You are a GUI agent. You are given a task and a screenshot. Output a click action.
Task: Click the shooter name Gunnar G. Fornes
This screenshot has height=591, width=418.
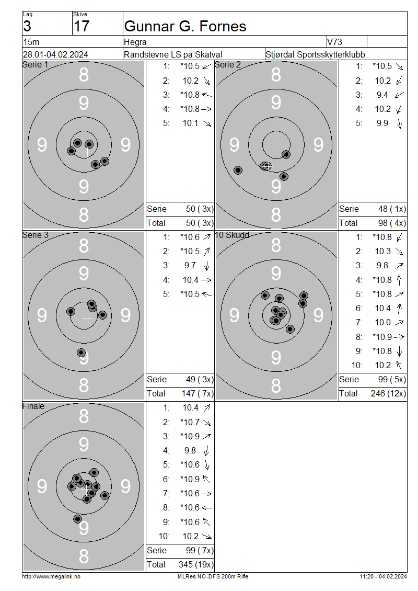(185, 26)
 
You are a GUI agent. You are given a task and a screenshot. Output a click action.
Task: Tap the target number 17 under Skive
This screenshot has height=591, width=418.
(82, 26)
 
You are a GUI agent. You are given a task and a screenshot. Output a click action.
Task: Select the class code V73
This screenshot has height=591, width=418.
(334, 42)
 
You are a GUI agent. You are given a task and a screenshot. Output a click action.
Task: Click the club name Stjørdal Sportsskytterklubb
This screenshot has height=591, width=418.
(315, 54)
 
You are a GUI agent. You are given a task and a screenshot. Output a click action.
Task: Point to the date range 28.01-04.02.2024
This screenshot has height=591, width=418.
(55, 54)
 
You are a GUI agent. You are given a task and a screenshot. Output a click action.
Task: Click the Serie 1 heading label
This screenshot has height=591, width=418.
(36, 64)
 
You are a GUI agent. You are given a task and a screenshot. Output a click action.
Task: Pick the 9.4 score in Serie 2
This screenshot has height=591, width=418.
(382, 95)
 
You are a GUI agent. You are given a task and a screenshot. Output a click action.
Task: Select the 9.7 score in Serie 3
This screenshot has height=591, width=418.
(190, 265)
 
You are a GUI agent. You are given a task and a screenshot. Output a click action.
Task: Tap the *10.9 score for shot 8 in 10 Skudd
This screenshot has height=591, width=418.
(382, 337)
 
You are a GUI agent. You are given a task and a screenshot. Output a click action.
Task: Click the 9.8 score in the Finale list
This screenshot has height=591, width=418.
(190, 450)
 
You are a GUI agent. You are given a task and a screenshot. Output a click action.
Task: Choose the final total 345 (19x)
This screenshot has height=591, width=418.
(196, 564)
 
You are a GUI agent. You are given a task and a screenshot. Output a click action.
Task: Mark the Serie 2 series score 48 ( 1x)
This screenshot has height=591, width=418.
(392, 209)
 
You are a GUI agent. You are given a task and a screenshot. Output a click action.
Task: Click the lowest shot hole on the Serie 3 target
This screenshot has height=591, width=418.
(81, 353)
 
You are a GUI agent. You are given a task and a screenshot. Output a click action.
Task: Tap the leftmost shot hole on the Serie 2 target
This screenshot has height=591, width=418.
(238, 170)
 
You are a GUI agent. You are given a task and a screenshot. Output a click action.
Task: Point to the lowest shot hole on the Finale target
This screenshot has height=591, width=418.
(77, 519)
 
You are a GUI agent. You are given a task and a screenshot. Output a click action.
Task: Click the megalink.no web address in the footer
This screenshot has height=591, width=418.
(51, 576)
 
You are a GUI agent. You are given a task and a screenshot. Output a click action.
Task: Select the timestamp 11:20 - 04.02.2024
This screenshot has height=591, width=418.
(383, 576)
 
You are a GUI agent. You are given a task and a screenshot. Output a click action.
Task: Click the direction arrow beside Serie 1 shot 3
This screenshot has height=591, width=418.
(206, 95)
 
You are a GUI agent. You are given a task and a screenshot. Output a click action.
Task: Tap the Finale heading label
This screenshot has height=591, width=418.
(33, 406)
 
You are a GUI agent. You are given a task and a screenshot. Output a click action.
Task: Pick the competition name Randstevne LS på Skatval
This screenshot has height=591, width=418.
(173, 54)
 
